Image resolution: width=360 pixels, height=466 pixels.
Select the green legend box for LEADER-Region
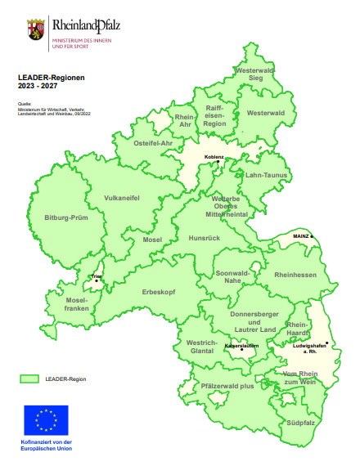coord(30,379)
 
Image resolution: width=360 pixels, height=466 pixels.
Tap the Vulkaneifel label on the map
coord(122,198)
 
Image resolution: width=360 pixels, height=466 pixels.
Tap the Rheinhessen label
coord(295,276)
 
